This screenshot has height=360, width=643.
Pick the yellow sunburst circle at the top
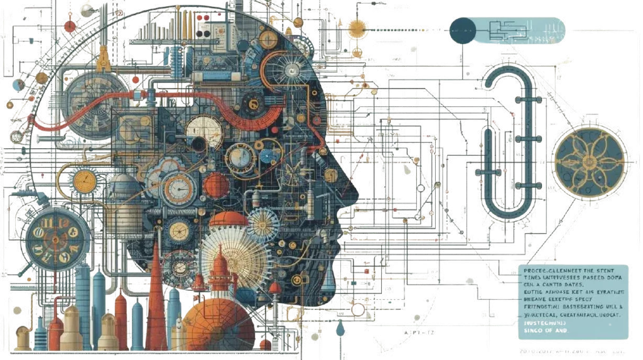[x=357, y=28]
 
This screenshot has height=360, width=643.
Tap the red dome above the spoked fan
[x=229, y=222]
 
